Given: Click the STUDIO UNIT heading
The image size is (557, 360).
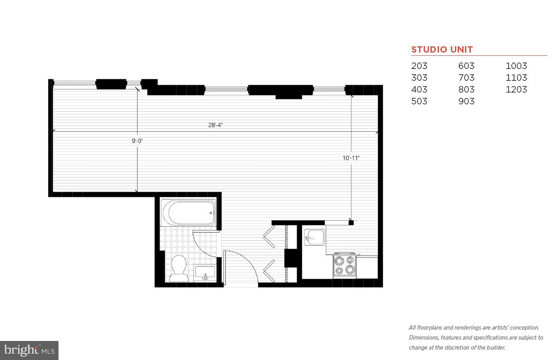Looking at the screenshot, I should tap(442, 49).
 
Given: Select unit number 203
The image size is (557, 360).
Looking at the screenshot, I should tap(419, 66).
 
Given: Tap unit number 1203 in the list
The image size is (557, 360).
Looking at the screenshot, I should tap(516, 89).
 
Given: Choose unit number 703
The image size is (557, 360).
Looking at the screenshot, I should tap(466, 78).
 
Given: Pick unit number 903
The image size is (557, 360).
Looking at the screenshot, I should tap(466, 101).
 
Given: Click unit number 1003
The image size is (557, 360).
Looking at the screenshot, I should tap(516, 66).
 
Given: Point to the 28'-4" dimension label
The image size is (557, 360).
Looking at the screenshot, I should tap(215, 125).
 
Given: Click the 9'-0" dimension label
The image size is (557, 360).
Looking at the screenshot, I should tap(137, 141).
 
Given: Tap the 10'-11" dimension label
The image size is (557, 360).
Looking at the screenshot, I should tap(351, 158).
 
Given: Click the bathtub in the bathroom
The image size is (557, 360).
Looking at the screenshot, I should tap(188, 213).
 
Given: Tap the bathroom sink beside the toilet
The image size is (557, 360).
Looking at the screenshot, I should tap(205, 273).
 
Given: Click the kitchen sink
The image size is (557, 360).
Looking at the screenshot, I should tap(314, 237).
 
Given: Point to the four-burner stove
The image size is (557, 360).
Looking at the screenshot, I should tap(344, 265).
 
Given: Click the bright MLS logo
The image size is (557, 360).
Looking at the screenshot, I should tap(29, 350).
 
